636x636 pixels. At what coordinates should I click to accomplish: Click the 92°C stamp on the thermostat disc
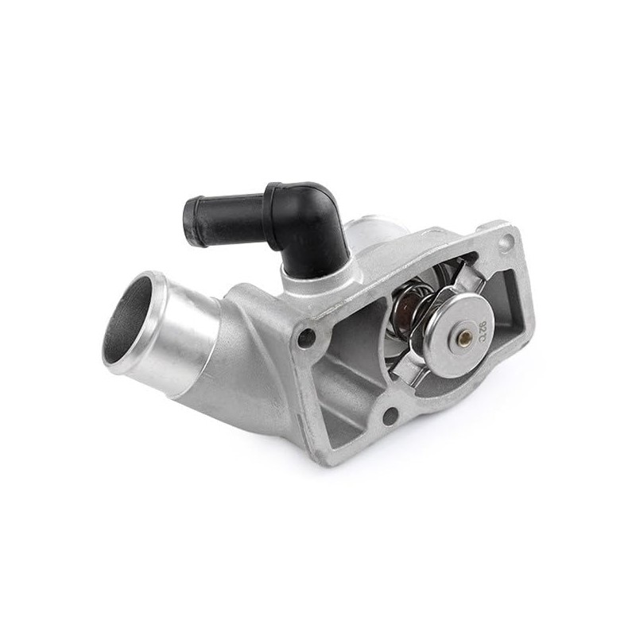pyautogui.click(x=483, y=327)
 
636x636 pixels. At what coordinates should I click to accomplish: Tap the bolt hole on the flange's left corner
pyautogui.click(x=306, y=335)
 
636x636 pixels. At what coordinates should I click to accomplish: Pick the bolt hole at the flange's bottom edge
pyautogui.click(x=390, y=413)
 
